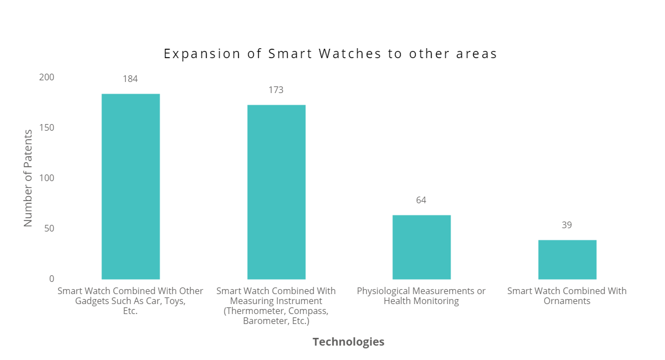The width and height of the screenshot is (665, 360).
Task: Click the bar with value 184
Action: (130, 186)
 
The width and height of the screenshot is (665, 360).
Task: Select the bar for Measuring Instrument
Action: (276, 192)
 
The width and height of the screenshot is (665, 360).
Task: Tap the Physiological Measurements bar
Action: (421, 247)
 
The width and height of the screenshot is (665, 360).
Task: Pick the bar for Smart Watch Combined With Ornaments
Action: (567, 259)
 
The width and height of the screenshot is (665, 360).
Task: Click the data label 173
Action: (276, 90)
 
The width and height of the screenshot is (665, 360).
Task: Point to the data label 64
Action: (421, 200)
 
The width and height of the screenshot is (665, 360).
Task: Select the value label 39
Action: (566, 225)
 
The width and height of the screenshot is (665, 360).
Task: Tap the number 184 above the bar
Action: (130, 79)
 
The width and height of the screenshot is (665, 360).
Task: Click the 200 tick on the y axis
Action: (47, 77)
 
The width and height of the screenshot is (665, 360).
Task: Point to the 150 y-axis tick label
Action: (47, 127)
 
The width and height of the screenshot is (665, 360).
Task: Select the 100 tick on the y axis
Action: (47, 178)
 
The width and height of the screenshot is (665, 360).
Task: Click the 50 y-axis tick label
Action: (49, 228)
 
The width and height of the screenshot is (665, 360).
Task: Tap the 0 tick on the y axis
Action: (52, 279)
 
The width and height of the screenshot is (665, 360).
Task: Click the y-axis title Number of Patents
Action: (28, 178)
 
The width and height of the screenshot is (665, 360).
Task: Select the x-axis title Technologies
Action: (348, 342)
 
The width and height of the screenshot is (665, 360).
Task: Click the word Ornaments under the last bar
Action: (567, 301)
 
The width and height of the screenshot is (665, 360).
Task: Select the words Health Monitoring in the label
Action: (421, 301)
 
